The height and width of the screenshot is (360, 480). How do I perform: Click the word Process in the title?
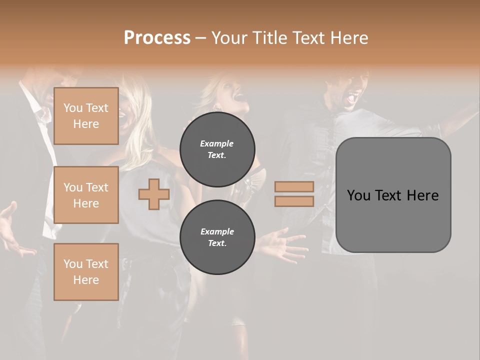click(x=157, y=38)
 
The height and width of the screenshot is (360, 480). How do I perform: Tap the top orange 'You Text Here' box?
click(x=86, y=116)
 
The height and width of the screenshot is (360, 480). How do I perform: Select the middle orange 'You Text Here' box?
click(x=86, y=195)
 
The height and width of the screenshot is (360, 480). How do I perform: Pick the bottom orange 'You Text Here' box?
click(x=86, y=272)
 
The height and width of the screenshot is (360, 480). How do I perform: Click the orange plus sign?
click(x=154, y=194)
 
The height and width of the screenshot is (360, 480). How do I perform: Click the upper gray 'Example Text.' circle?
click(x=217, y=149)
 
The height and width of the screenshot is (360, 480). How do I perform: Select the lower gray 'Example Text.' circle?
click(x=217, y=237)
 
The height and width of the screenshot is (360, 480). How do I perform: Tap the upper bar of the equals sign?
click(x=294, y=187)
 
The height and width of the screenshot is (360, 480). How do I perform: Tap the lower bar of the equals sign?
click(x=294, y=201)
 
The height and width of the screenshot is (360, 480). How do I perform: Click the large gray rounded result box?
click(x=393, y=220)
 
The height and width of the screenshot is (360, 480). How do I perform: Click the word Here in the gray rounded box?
click(x=422, y=195)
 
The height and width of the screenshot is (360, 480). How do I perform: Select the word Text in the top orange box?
click(x=97, y=108)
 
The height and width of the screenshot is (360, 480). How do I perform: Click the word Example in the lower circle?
click(x=217, y=231)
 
